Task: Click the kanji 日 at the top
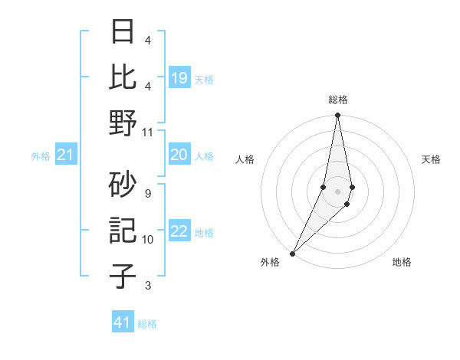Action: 123,33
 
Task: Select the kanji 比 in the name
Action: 123,77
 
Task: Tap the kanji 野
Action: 123,123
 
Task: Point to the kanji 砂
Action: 123,185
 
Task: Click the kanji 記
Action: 123,231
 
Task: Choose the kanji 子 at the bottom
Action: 123,277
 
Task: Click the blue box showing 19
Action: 179,77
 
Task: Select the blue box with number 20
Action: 179,155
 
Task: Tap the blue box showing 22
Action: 179,232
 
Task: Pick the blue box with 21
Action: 66,155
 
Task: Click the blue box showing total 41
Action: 123,322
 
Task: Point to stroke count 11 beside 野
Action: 148,132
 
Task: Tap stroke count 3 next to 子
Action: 148,286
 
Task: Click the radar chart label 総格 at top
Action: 338,100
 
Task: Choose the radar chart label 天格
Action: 432,159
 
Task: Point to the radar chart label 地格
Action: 402,262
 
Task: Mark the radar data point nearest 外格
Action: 293,254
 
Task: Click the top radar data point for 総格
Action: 338,116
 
